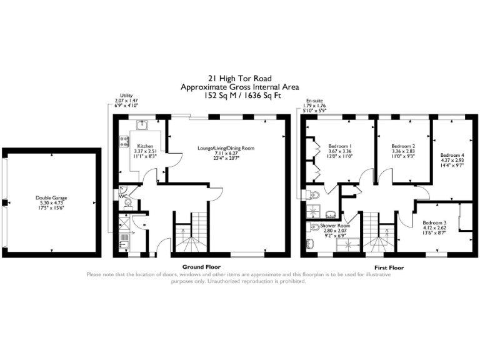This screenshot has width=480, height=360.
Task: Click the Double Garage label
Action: coord(51,197)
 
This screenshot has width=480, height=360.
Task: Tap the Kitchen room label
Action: coord(145,146)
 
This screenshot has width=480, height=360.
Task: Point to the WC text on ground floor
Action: coord(123,196)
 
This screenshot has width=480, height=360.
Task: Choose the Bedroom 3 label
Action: coord(433,223)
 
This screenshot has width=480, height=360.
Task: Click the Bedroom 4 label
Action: coord(452,155)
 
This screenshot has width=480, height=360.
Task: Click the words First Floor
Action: coord(388,267)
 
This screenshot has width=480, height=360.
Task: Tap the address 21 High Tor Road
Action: coord(239,79)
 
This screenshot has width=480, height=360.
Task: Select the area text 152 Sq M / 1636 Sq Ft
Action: coord(239,96)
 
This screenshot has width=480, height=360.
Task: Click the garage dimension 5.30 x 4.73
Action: coord(51,203)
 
